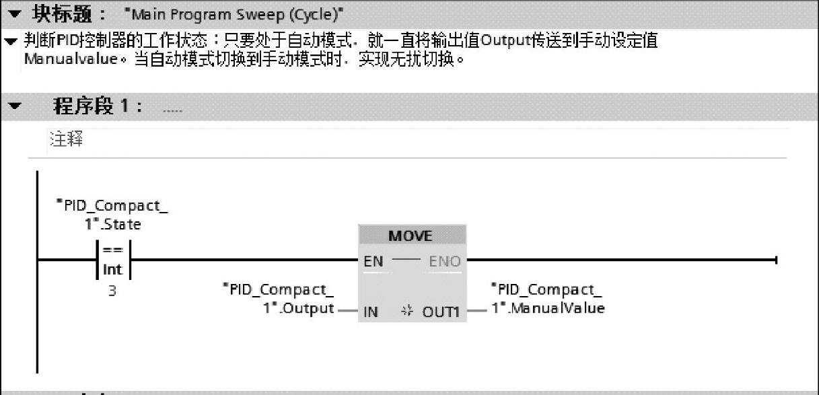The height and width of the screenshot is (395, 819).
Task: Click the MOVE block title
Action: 411,236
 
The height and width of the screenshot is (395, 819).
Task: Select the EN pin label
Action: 373,261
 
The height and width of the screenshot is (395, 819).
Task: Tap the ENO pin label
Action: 444,261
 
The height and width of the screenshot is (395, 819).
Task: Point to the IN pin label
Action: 371,312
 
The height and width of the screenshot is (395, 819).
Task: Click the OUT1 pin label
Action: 441,312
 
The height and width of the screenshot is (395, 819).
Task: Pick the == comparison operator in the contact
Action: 112,250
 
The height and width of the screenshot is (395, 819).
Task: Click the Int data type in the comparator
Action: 112,269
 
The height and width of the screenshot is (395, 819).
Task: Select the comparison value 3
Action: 112,292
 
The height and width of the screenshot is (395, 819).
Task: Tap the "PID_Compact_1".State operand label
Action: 112,214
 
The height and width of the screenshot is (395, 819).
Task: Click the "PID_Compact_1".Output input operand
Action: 279,299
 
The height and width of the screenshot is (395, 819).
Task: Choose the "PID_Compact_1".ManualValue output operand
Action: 546,299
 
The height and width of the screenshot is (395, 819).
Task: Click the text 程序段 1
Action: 97,106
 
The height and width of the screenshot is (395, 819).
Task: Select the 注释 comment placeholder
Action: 66,140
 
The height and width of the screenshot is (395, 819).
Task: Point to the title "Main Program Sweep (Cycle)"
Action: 230,13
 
